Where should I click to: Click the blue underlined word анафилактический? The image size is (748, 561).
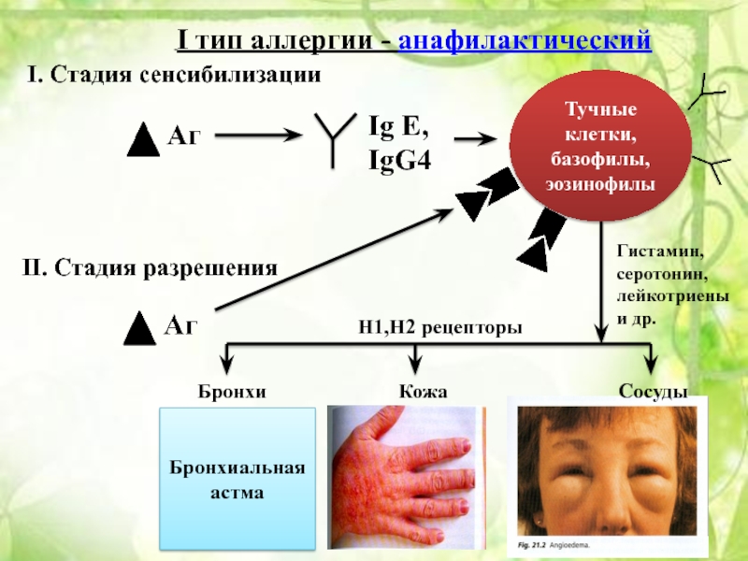tap(525, 40)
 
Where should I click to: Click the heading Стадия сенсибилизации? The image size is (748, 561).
tap(185, 75)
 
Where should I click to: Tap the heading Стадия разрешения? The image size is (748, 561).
tap(165, 267)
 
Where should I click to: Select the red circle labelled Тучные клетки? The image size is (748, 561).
tap(600, 146)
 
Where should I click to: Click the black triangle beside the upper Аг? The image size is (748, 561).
tap(143, 139)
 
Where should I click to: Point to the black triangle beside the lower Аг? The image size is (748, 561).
tap(139, 328)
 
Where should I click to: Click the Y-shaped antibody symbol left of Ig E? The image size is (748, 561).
tap(334, 138)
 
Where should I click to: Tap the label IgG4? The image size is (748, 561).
tap(400, 159)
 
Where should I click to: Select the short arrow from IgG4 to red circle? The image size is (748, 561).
tap(476, 139)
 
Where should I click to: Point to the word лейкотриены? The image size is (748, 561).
tap(672, 296)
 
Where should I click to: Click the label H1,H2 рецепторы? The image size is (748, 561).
tap(439, 327)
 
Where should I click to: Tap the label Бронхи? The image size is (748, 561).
tap(232, 391)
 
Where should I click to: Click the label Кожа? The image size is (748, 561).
tap(424, 391)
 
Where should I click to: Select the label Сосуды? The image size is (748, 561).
tap(653, 391)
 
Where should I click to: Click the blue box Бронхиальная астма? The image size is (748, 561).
tap(237, 479)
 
